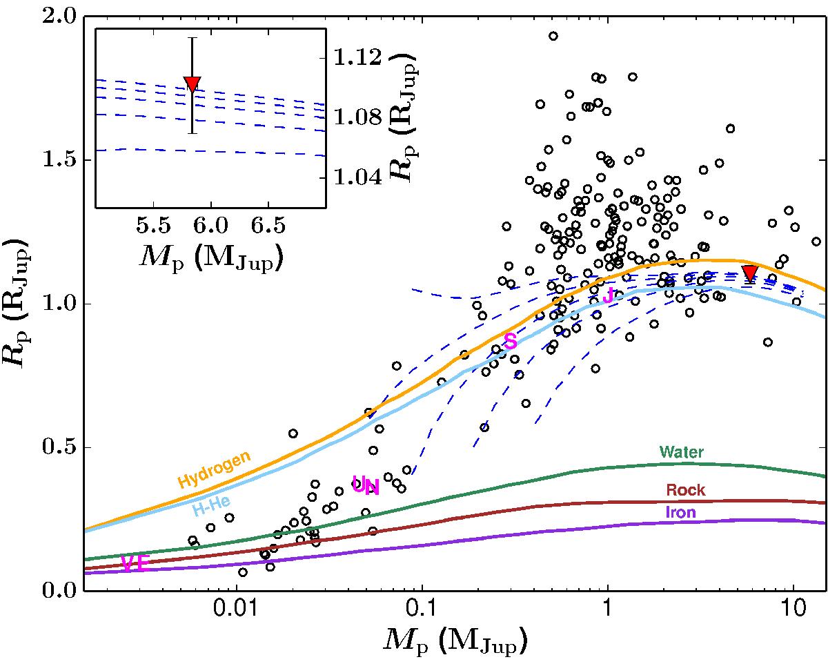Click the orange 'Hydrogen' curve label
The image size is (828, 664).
tap(214, 469)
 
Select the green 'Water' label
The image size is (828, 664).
tap(681, 453)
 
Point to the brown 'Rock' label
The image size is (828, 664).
tap(685, 490)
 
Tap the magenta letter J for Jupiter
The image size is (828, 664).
tap(608, 296)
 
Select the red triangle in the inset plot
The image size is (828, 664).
tap(193, 84)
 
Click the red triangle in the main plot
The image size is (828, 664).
tap(750, 273)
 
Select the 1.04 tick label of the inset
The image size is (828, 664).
tap(354, 177)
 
